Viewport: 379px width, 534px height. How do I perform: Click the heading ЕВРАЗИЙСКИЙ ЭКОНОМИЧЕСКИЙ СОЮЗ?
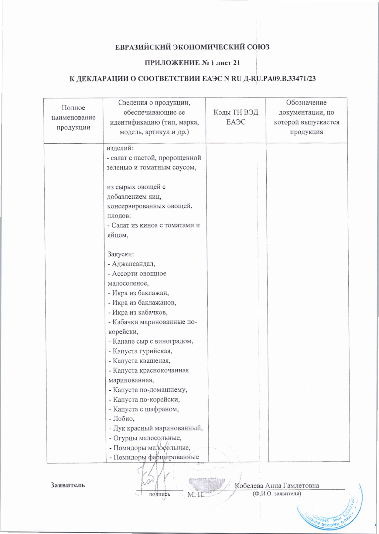(x=192, y=47)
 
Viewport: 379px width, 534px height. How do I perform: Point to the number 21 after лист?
(x=236, y=63)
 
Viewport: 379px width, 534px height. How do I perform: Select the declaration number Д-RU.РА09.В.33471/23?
(x=280, y=79)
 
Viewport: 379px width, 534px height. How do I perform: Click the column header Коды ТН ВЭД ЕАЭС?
(x=236, y=117)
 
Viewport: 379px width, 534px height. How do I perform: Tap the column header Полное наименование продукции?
(x=73, y=118)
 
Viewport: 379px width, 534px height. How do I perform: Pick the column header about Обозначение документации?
(x=306, y=117)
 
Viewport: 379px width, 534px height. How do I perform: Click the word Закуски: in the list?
(x=121, y=254)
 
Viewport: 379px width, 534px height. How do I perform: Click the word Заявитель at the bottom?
(x=68, y=485)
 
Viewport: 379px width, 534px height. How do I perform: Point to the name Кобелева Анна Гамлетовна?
(x=277, y=485)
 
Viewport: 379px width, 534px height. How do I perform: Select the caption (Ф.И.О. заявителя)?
(x=277, y=494)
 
